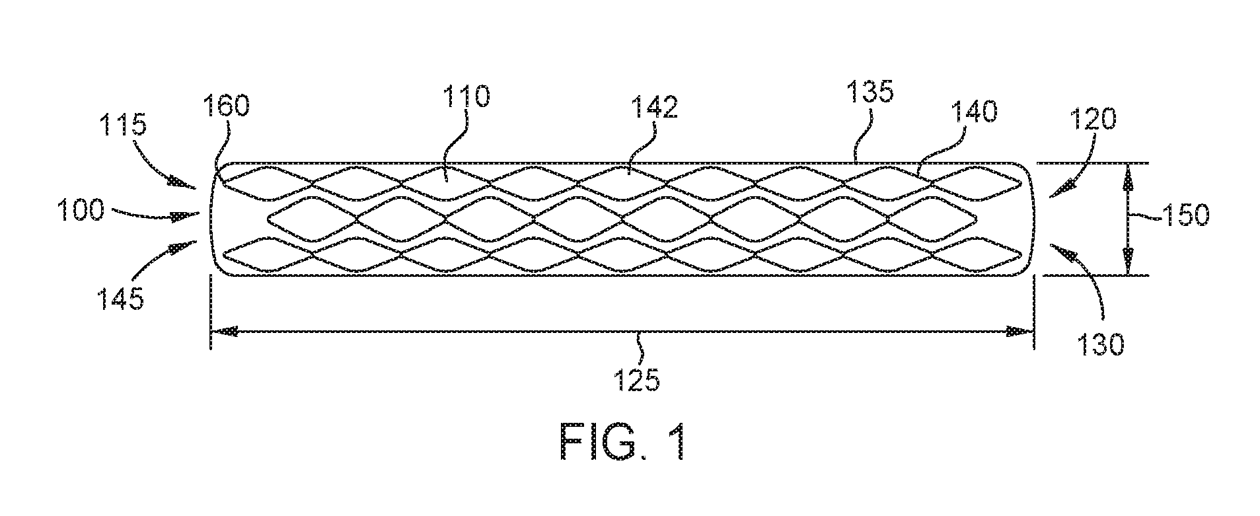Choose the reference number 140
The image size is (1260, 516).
click(x=969, y=112)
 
